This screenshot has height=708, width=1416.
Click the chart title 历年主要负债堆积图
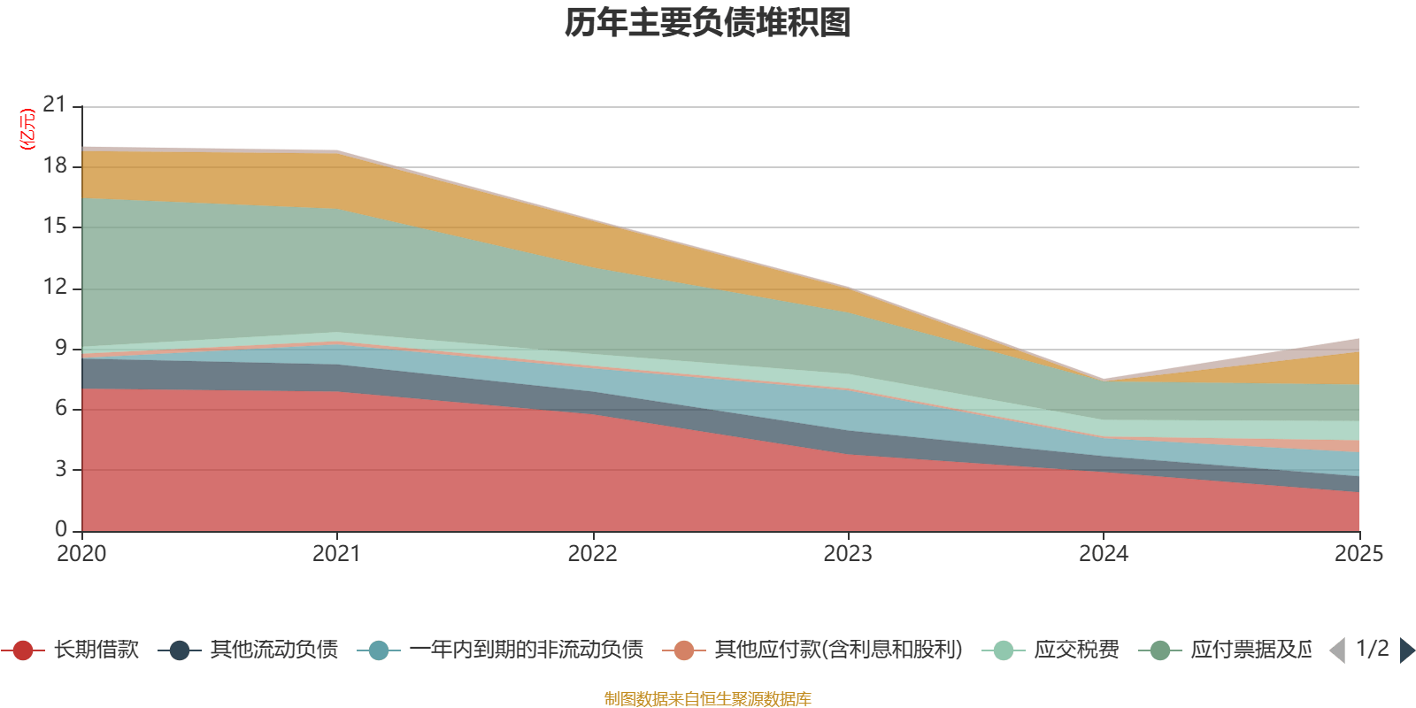[x=708, y=23]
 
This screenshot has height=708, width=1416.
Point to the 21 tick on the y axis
[x=55, y=105]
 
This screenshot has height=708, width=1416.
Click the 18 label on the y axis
[x=55, y=166]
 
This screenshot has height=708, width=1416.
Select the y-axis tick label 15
[x=55, y=227]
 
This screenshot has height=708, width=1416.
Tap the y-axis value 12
[x=55, y=288]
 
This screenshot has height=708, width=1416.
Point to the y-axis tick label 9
[x=61, y=348]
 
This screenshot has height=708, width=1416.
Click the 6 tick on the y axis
[x=61, y=408]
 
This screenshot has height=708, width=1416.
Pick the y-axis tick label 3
[x=61, y=469]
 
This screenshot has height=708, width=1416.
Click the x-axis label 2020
[x=81, y=554]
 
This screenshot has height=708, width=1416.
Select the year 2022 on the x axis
[x=592, y=554]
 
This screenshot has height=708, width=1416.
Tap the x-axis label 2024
[x=1104, y=554]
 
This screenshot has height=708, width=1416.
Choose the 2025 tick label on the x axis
[x=1358, y=554]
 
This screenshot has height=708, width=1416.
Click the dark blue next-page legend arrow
[x=1407, y=650]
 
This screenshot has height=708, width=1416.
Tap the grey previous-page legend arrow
[x=1337, y=650]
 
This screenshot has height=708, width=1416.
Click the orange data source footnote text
[x=708, y=699]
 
